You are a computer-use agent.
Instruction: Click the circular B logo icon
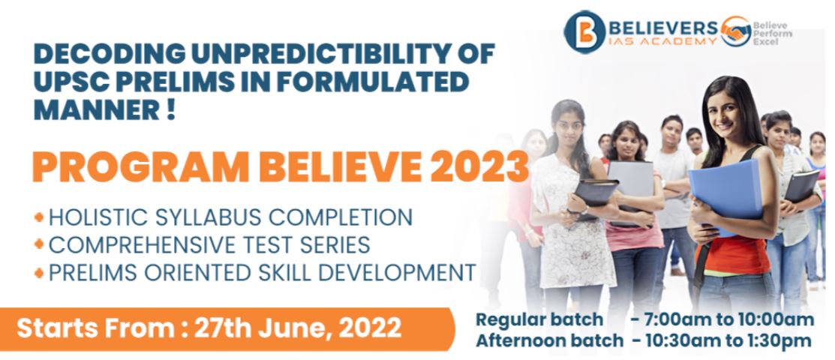point(584,32)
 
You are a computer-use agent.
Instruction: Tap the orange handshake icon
point(736,31)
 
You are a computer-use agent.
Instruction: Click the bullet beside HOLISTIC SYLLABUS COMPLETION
point(39,217)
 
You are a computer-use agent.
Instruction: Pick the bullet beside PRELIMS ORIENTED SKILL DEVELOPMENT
point(39,273)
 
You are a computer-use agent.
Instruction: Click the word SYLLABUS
point(206,217)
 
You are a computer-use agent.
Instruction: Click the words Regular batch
point(539,319)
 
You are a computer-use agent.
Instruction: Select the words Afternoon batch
point(549,340)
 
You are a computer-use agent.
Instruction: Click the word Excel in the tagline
point(763,41)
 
